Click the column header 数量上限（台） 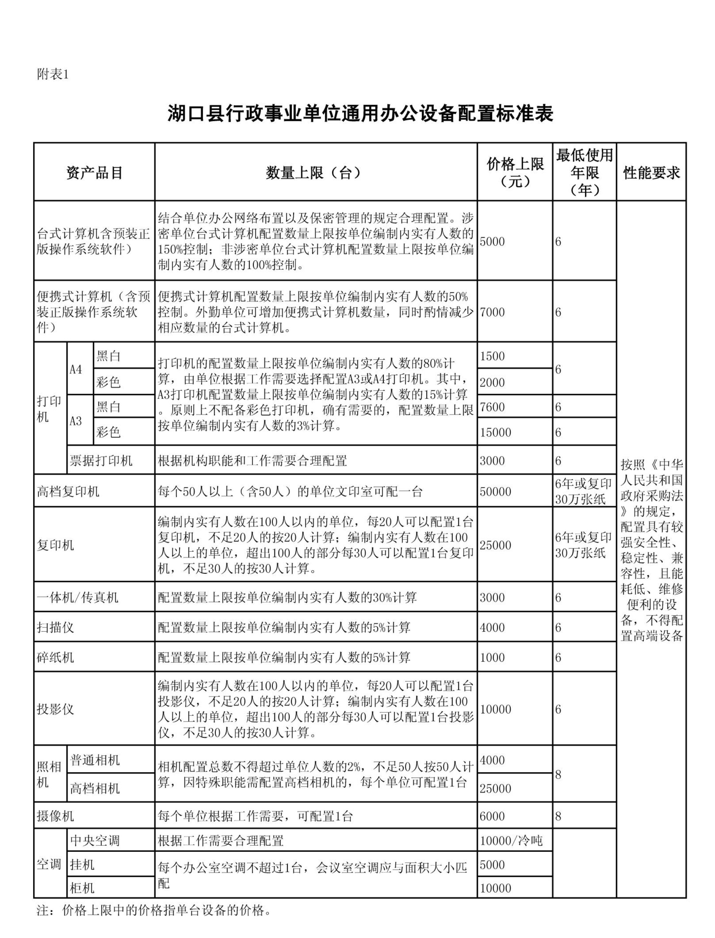point(315,173)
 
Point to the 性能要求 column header point(651,173)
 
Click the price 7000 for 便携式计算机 point(492,312)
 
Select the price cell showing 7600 point(492,407)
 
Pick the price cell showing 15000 point(495,432)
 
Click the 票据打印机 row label point(101,460)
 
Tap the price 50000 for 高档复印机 point(495,491)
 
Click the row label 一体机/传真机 point(77,598)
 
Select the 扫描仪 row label point(55,627)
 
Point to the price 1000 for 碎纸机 point(492,658)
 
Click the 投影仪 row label point(55,709)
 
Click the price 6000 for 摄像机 point(492,816)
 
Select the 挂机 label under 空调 point(82,865)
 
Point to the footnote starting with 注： point(154,910)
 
